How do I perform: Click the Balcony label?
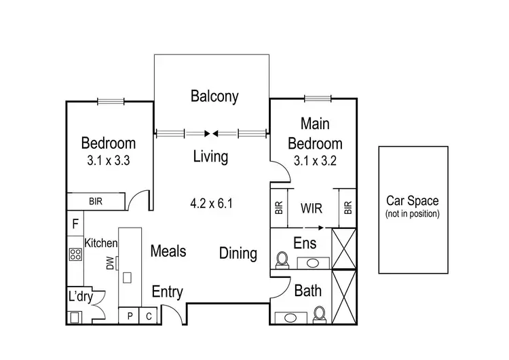pyautogui.click(x=214, y=96)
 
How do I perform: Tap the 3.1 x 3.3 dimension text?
pyautogui.click(x=109, y=162)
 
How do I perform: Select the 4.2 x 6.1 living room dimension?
pyautogui.click(x=212, y=202)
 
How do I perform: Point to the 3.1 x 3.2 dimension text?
pyautogui.click(x=315, y=162)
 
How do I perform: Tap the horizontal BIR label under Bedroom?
pyautogui.click(x=96, y=202)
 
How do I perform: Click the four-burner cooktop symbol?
pyautogui.click(x=75, y=255)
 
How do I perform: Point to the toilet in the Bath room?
pyautogui.click(x=318, y=313)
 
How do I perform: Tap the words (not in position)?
pyautogui.click(x=413, y=213)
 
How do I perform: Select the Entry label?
pyautogui.click(x=167, y=292)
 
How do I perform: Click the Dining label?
pyautogui.click(x=238, y=253)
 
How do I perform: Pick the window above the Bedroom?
pyautogui.click(x=111, y=102)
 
